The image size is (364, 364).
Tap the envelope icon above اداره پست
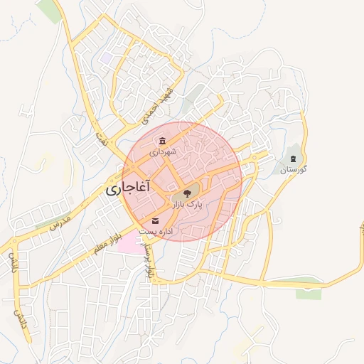(156, 221)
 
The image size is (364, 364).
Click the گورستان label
(293, 170)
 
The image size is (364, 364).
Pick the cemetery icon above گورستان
(293, 157)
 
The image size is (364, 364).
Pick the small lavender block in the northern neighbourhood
(107, 55)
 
